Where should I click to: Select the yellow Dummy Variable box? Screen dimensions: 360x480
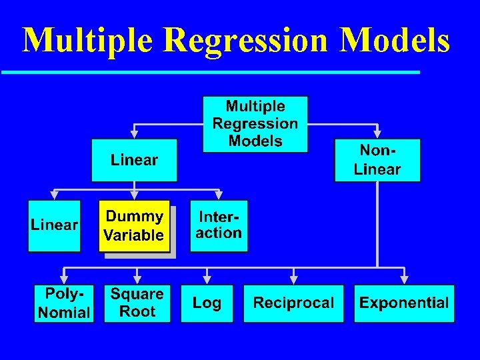(134, 226)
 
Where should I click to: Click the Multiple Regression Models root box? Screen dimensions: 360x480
(255, 124)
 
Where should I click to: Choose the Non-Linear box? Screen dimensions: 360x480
(377, 160)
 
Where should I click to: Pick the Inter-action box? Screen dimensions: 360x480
(219, 225)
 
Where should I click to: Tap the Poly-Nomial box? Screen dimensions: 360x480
(64, 303)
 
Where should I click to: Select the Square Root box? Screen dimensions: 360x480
(137, 303)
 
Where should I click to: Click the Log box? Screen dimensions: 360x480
(207, 303)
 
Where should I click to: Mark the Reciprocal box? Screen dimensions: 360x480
(293, 303)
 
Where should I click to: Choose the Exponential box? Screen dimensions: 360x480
(404, 303)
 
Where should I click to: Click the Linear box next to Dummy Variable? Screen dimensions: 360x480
(54, 225)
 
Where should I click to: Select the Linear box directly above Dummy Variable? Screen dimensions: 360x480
(134, 160)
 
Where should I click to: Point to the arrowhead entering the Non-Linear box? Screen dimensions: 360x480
(377, 133)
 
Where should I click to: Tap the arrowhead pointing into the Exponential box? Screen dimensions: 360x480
(404, 279)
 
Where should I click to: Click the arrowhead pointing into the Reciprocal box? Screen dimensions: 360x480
(293, 279)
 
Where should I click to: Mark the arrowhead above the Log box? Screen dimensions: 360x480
(207, 279)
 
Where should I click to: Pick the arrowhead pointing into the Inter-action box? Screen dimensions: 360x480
(218, 195)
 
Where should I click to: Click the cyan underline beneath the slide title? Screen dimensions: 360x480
(210, 72)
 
